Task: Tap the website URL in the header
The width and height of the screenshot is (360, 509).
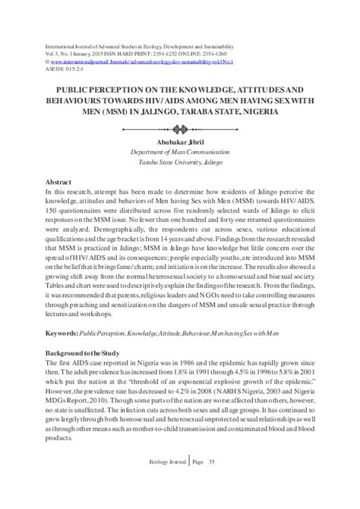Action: point(140,54)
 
